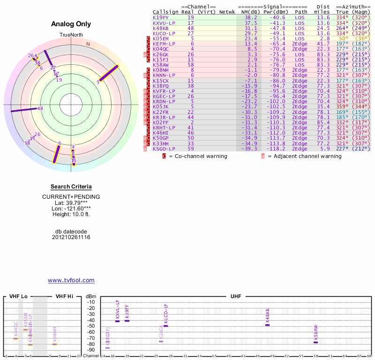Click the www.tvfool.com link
click(71, 280)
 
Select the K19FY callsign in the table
click(160, 18)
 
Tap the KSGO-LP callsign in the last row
click(164, 149)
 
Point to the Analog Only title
click(71, 24)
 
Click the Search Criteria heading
click(71, 187)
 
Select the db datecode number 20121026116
click(71, 237)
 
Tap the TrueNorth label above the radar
click(71, 35)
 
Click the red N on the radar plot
click(88, 44)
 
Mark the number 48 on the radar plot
click(40, 108)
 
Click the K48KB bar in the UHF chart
click(268, 325)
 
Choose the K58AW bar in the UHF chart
click(315, 342)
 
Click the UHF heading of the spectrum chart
click(236, 297)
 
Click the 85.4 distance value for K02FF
click(323, 123)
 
